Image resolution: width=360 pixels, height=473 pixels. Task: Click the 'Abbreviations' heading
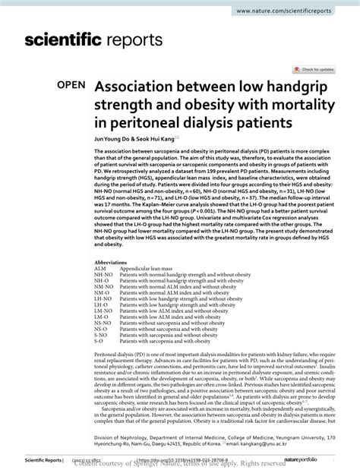(110, 263)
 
